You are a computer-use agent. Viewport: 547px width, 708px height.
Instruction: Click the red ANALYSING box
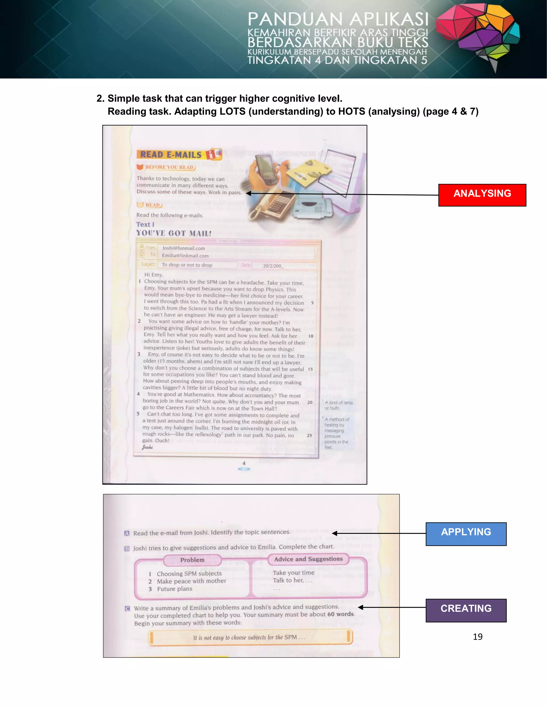pyautogui.click(x=482, y=195)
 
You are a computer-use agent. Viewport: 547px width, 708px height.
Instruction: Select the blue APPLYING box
pyautogui.click(x=466, y=534)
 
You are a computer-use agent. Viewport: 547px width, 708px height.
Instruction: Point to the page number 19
pyautogui.click(x=477, y=637)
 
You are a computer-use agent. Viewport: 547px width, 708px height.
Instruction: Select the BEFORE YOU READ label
pyautogui.click(x=169, y=167)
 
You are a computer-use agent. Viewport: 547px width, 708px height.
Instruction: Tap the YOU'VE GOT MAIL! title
pyautogui.click(x=174, y=233)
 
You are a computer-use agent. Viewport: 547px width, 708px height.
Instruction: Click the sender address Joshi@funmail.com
pyautogui.click(x=184, y=248)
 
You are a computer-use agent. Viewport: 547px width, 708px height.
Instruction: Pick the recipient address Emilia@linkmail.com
pyautogui.click(x=185, y=255)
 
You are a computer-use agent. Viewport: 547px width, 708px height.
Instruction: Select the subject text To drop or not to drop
pyautogui.click(x=187, y=265)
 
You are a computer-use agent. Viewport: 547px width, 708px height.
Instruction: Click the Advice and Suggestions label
pyautogui.click(x=308, y=559)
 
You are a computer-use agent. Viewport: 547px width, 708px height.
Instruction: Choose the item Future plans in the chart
pyautogui.click(x=175, y=589)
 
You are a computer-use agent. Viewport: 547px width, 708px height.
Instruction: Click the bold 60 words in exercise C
pyautogui.click(x=341, y=614)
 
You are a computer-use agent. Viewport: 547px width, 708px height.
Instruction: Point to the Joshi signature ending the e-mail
pyautogui.click(x=147, y=447)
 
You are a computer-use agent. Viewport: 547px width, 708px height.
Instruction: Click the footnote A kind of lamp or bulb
pyautogui.click(x=338, y=405)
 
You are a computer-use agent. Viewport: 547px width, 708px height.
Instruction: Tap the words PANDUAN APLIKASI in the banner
pyautogui.click(x=338, y=20)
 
